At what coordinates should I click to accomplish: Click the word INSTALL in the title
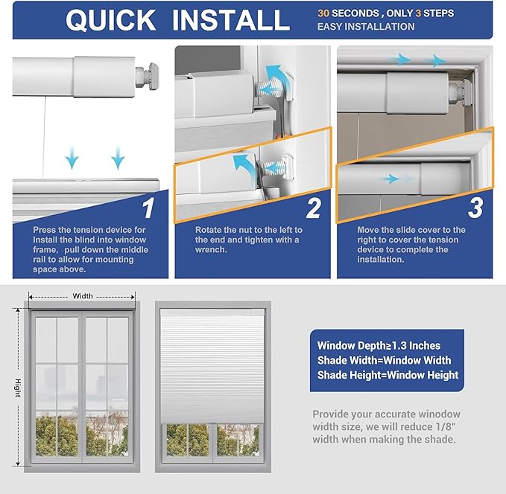point(230,20)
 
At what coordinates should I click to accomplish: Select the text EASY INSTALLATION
point(366,27)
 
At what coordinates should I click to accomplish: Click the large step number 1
point(148,208)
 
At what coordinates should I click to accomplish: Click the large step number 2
point(313,208)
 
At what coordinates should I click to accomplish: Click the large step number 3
point(475,208)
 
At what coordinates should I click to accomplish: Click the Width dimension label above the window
point(83,296)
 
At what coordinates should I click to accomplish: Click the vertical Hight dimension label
point(17,387)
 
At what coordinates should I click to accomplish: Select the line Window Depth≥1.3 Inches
point(379,345)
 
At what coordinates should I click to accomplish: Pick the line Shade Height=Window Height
point(388,375)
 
